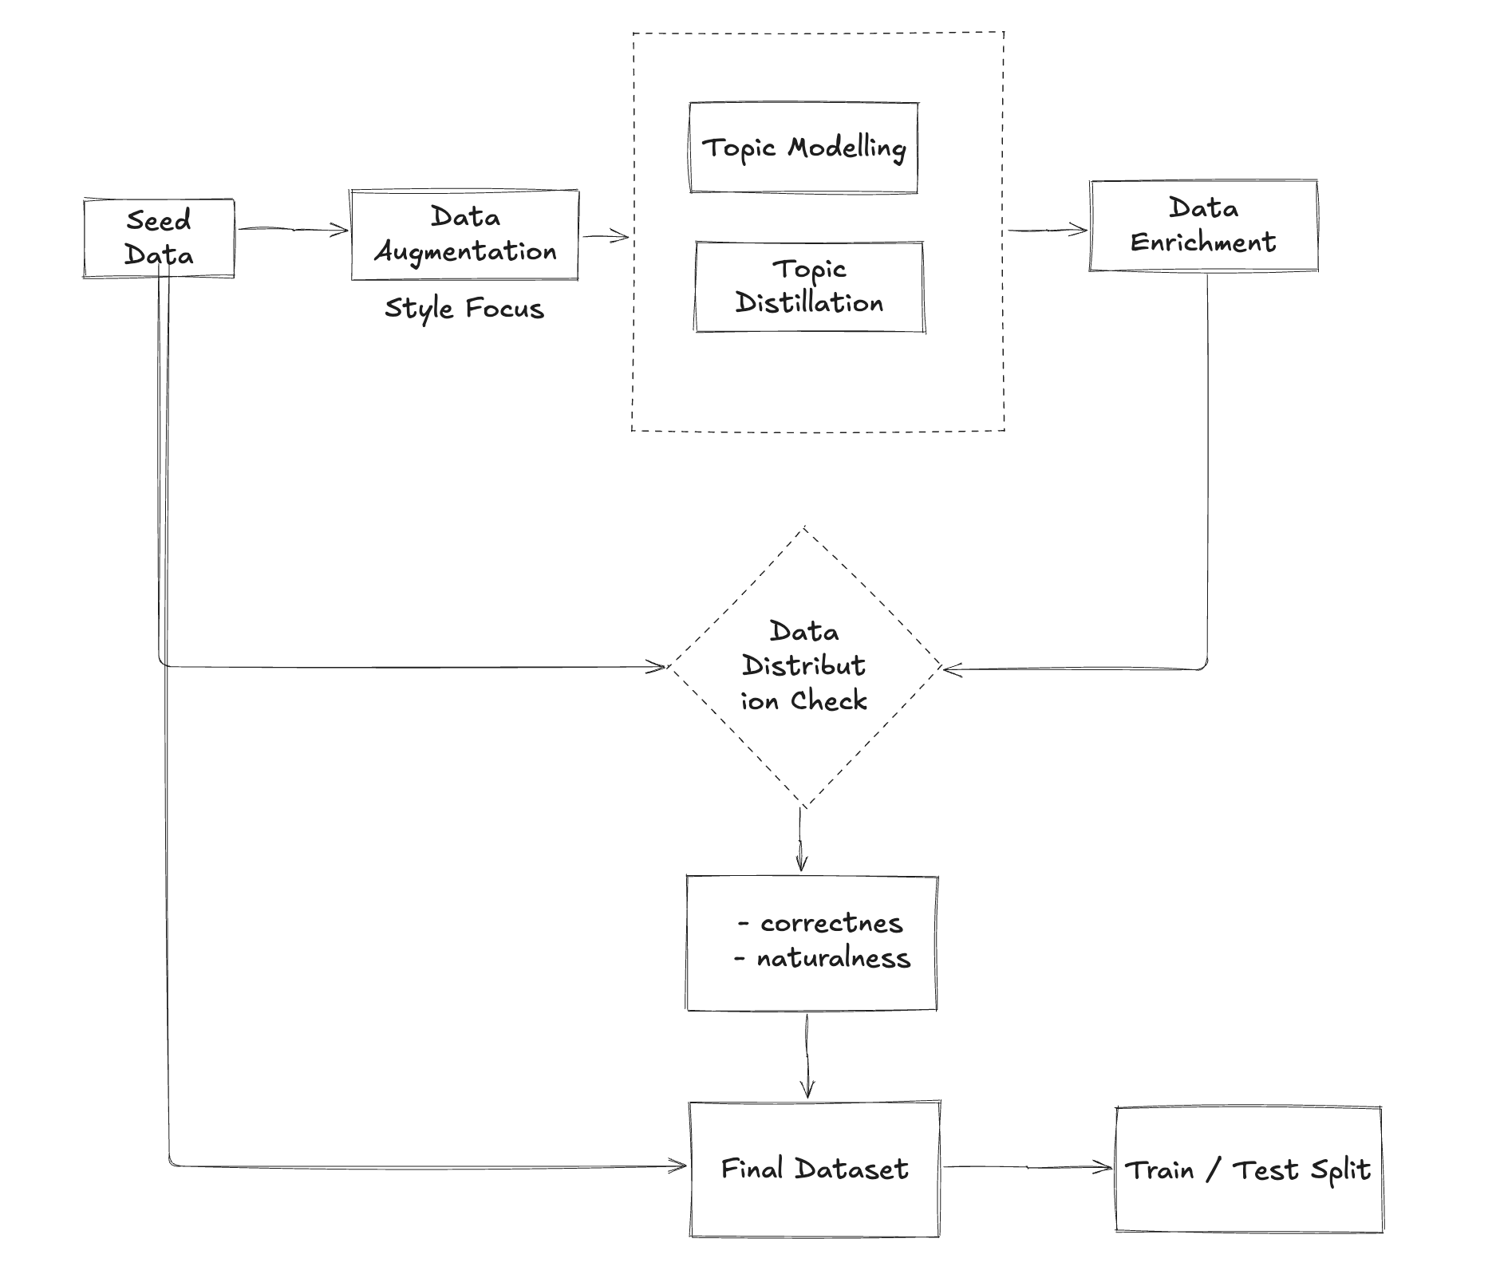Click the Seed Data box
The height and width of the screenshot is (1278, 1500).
point(159,238)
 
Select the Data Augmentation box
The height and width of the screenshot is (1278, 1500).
point(465,235)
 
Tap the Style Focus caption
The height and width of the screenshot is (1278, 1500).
point(464,309)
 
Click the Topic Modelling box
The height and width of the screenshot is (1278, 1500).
point(803,148)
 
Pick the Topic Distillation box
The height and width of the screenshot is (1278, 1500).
point(809,286)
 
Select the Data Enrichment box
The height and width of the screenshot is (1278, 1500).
point(1203,226)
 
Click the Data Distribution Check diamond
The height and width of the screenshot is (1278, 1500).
point(804,667)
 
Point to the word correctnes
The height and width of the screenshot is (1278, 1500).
point(831,923)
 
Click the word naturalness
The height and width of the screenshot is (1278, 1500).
point(833,958)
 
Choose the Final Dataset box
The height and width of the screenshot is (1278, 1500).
point(814,1170)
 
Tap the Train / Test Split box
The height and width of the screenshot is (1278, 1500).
point(1248,1170)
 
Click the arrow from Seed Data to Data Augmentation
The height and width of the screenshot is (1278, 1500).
point(293,230)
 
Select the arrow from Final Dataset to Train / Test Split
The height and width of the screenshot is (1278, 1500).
point(1028,1167)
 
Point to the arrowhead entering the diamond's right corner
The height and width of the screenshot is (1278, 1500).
point(951,669)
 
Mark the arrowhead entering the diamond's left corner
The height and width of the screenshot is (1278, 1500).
point(658,667)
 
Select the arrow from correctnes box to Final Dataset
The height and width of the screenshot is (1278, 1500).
point(807,1056)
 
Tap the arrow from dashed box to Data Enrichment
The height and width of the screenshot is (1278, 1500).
point(1048,231)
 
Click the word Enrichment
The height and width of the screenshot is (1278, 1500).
point(1203,243)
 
